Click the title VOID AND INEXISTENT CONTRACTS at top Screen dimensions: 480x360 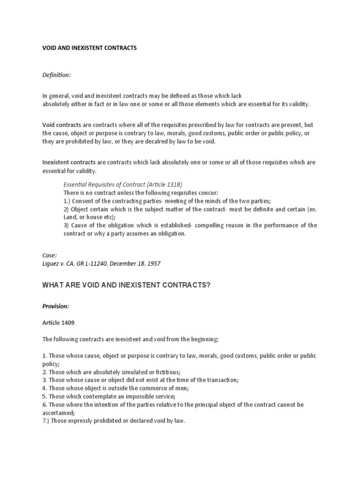90,48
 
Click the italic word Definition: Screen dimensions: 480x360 56,75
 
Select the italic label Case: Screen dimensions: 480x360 50,255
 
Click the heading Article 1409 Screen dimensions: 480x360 59,323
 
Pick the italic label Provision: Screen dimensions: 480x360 56,306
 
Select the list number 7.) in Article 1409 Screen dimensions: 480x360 47,421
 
